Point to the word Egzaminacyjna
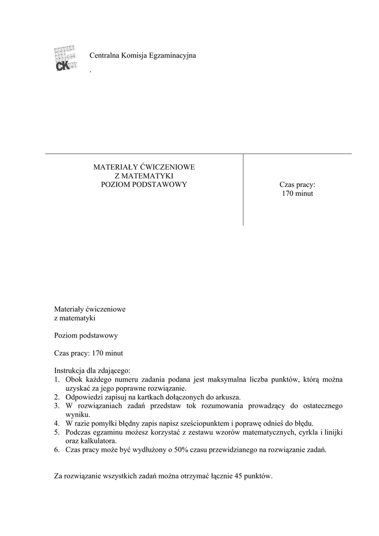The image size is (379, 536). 173,55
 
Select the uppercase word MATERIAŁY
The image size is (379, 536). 112,167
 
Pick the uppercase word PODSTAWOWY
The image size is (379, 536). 160,184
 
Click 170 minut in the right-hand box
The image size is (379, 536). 297,194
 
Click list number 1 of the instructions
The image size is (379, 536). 57,379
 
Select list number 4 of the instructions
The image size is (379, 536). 57,423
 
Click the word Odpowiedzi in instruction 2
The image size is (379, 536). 83,397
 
